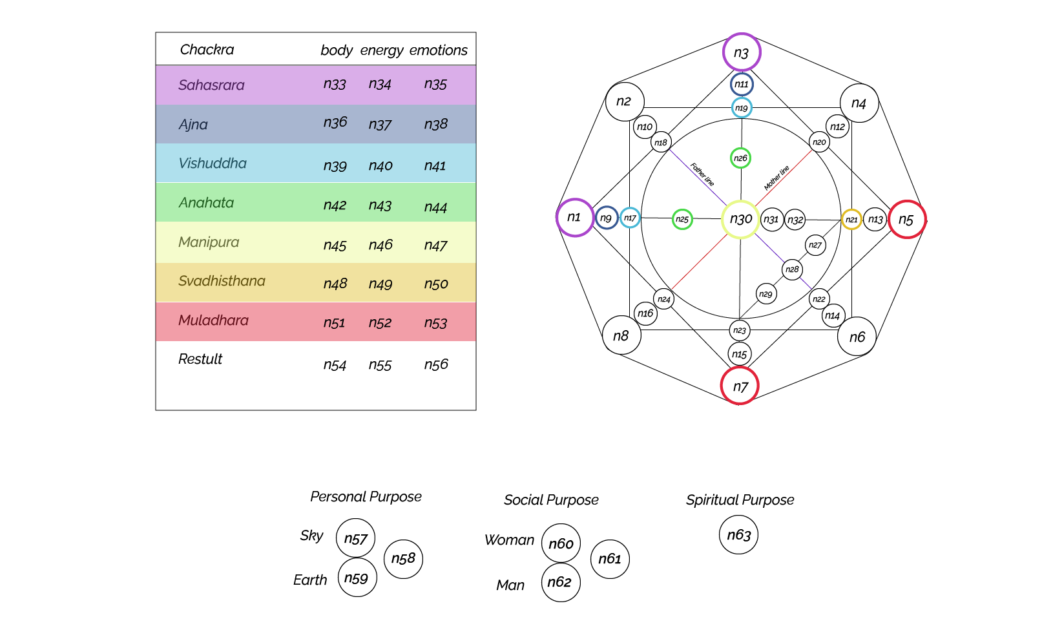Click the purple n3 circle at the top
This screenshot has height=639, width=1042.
pos(741,52)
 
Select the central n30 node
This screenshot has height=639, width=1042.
pos(740,219)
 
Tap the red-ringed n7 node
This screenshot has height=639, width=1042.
pos(740,386)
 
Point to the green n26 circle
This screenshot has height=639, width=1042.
pos(740,158)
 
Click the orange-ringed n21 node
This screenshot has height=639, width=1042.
pos(851,220)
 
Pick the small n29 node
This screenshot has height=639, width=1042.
pos(766,294)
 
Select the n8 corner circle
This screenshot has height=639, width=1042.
pos(621,335)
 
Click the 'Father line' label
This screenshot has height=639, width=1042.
pos(702,174)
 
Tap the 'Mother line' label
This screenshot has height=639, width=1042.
pos(776,178)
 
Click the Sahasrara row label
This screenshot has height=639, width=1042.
pos(211,85)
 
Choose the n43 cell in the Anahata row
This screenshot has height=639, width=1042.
pos(380,205)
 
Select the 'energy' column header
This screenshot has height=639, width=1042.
pos(381,50)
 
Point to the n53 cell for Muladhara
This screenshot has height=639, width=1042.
pos(435,323)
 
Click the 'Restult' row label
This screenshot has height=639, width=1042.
pos(200,359)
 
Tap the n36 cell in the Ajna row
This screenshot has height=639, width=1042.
pos(335,123)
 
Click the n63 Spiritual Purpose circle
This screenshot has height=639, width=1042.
pos(738,535)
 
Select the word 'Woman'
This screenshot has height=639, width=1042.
pos(509,540)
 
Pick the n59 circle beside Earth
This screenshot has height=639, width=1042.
pos(357,578)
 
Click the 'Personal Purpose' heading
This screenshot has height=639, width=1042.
pos(366,497)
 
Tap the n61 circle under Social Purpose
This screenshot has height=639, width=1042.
pos(610,559)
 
